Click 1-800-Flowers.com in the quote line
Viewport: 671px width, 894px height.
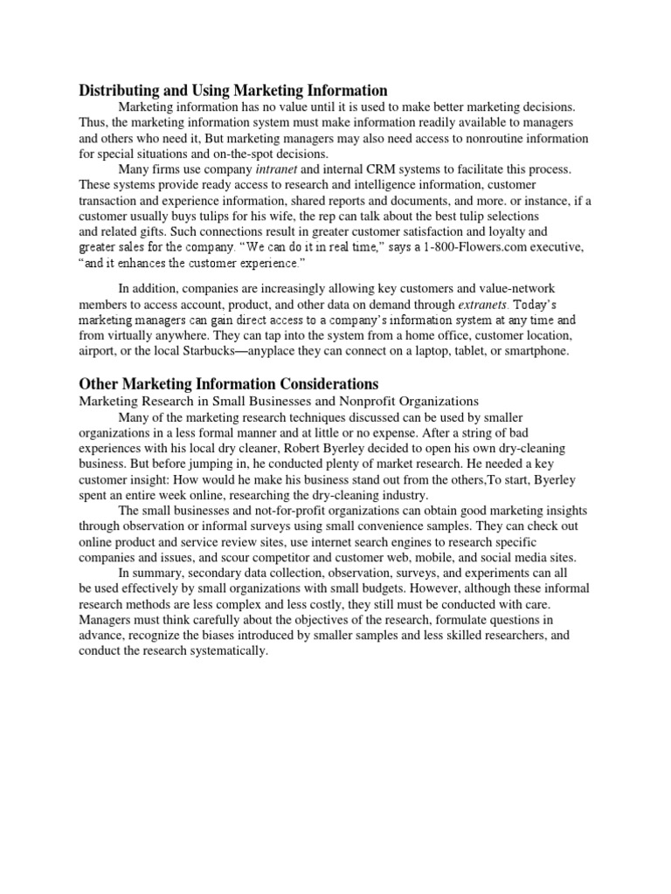pos(467,248)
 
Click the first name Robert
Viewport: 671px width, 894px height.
pos(298,449)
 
